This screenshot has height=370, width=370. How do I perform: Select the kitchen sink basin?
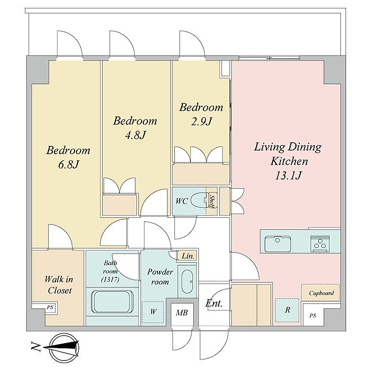(x=277, y=244)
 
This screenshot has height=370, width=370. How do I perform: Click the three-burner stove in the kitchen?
(x=320, y=244)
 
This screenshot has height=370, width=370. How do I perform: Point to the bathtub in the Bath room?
(x=112, y=302)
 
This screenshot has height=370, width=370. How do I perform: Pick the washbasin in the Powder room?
(x=188, y=282)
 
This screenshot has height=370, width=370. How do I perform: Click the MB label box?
(x=182, y=313)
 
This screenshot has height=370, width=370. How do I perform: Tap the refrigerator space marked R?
(x=287, y=310)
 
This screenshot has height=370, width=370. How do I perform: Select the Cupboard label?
(x=321, y=293)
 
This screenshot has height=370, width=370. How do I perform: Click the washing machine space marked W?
(x=153, y=312)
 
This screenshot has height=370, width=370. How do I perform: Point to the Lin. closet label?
(x=188, y=256)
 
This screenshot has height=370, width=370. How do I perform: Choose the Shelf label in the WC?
(x=212, y=201)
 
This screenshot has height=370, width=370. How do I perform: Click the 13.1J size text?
(x=288, y=175)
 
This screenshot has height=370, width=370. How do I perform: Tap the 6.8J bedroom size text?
(x=68, y=165)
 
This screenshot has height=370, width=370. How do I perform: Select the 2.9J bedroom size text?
(x=201, y=121)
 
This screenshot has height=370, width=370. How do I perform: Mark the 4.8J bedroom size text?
(x=135, y=135)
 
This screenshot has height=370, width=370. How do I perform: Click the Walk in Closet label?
(x=59, y=285)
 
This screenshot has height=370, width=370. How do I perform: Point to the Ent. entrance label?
(x=214, y=303)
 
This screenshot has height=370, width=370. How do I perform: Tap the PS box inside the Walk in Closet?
(x=50, y=308)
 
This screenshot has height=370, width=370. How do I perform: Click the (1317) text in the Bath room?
(x=110, y=280)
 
